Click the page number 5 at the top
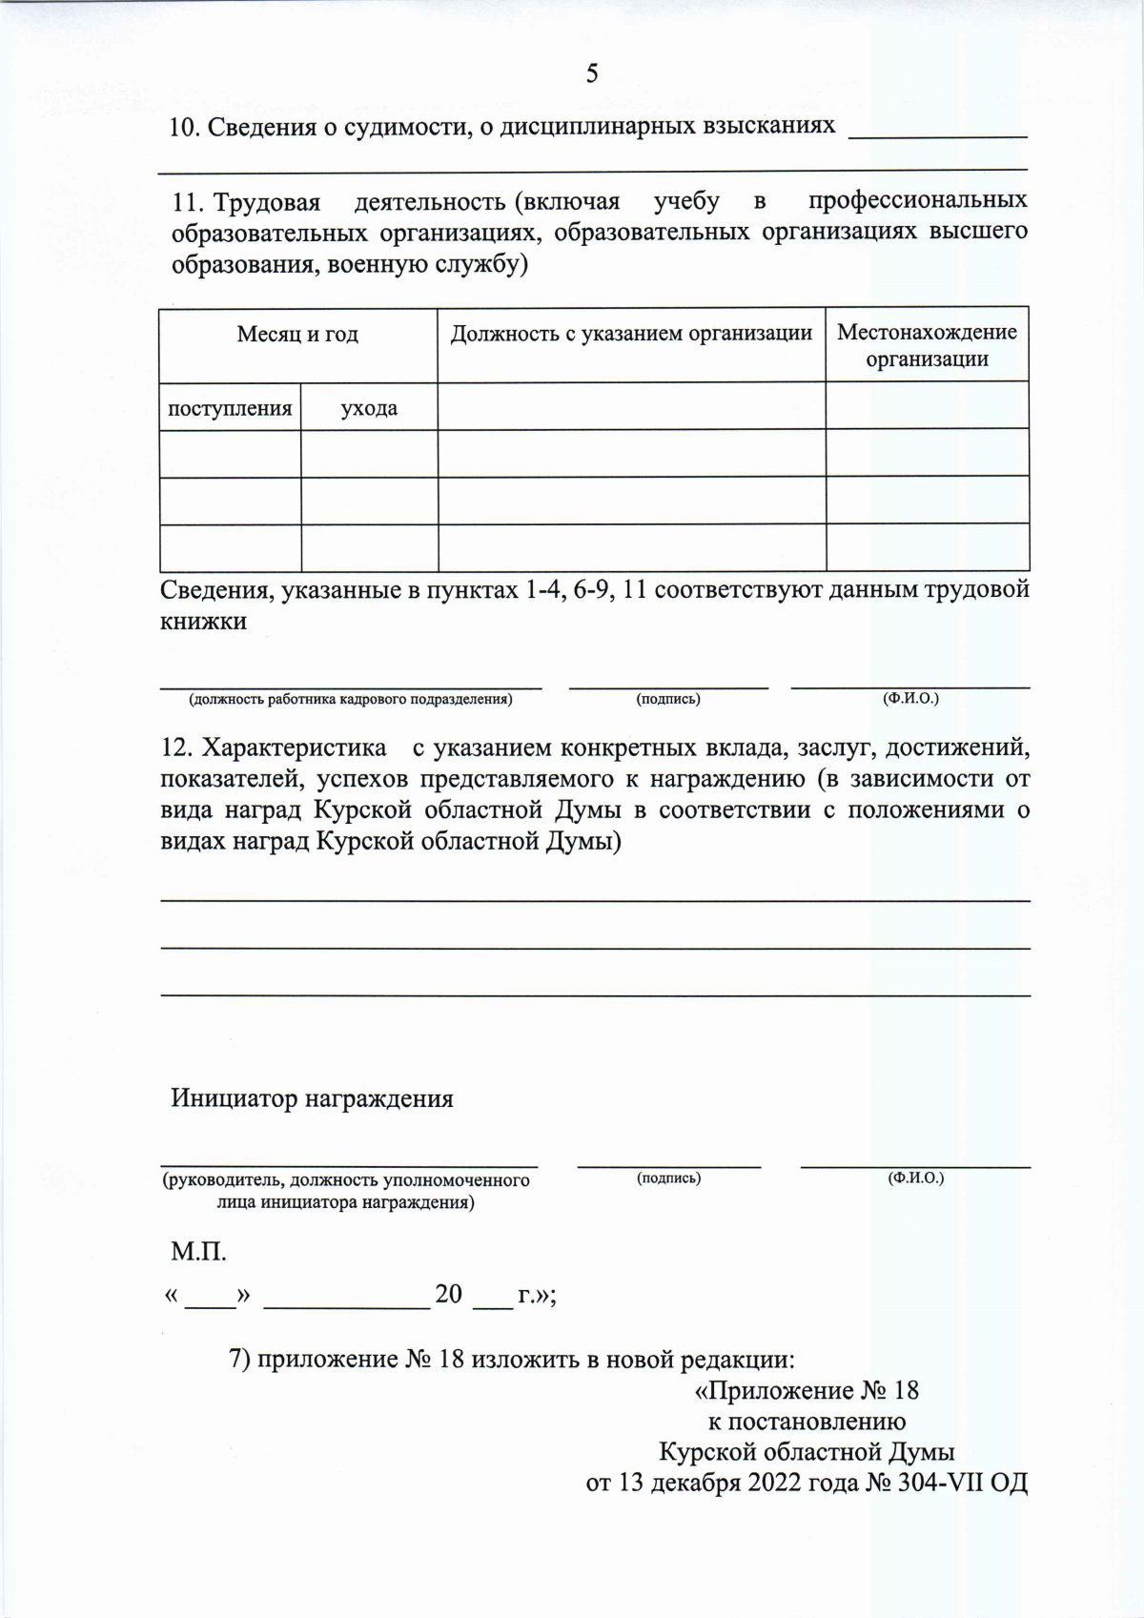click(x=592, y=73)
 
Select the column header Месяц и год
click(x=297, y=334)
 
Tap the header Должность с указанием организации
click(x=631, y=333)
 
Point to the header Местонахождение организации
click(x=927, y=345)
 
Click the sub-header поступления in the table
click(x=230, y=408)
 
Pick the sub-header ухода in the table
click(x=369, y=408)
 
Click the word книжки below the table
click(x=203, y=622)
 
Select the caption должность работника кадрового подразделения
click(x=351, y=700)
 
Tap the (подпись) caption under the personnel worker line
click(x=668, y=700)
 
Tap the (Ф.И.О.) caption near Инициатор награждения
click(x=915, y=1178)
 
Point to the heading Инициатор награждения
click(x=312, y=1098)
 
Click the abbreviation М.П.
click(x=198, y=1252)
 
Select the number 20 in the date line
click(x=448, y=1294)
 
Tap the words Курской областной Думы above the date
click(x=807, y=1452)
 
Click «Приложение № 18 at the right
click(x=807, y=1390)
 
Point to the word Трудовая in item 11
click(x=267, y=201)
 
